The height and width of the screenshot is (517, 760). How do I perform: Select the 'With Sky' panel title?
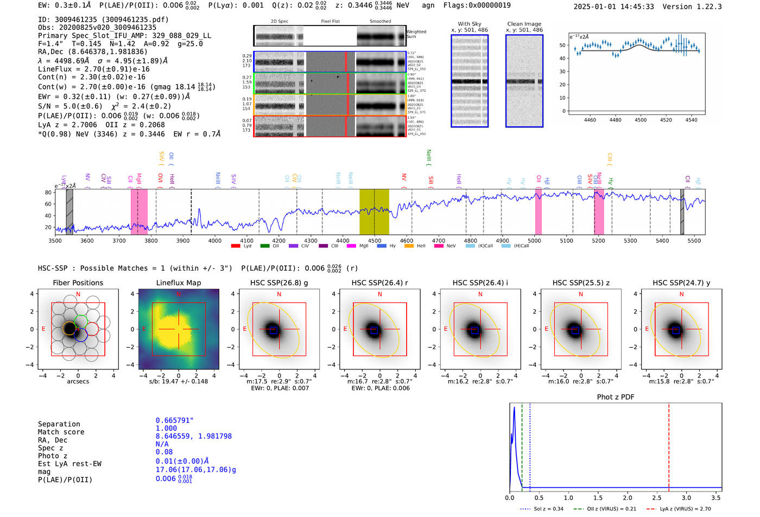469,24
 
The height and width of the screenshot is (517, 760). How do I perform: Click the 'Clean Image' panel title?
524,24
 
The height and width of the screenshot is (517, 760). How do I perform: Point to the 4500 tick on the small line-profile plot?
641,120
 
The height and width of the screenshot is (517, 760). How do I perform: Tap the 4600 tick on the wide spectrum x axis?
406,240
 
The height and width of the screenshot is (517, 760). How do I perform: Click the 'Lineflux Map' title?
178,283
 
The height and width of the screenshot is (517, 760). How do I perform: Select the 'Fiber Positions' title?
78,283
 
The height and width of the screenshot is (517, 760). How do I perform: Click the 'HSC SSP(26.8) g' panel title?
279,283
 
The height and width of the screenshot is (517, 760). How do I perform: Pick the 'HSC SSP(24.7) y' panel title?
681,283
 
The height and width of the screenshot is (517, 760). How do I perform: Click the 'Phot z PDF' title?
616,397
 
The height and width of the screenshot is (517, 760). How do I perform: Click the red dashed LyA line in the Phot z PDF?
669,445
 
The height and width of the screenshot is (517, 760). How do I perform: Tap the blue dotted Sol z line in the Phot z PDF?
530,445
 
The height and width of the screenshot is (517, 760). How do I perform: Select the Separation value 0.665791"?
174,420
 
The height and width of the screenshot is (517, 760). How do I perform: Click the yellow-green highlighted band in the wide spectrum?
374,212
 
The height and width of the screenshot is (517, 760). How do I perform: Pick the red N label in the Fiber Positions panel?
78,294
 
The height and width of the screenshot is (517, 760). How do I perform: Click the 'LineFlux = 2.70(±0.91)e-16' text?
93,69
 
